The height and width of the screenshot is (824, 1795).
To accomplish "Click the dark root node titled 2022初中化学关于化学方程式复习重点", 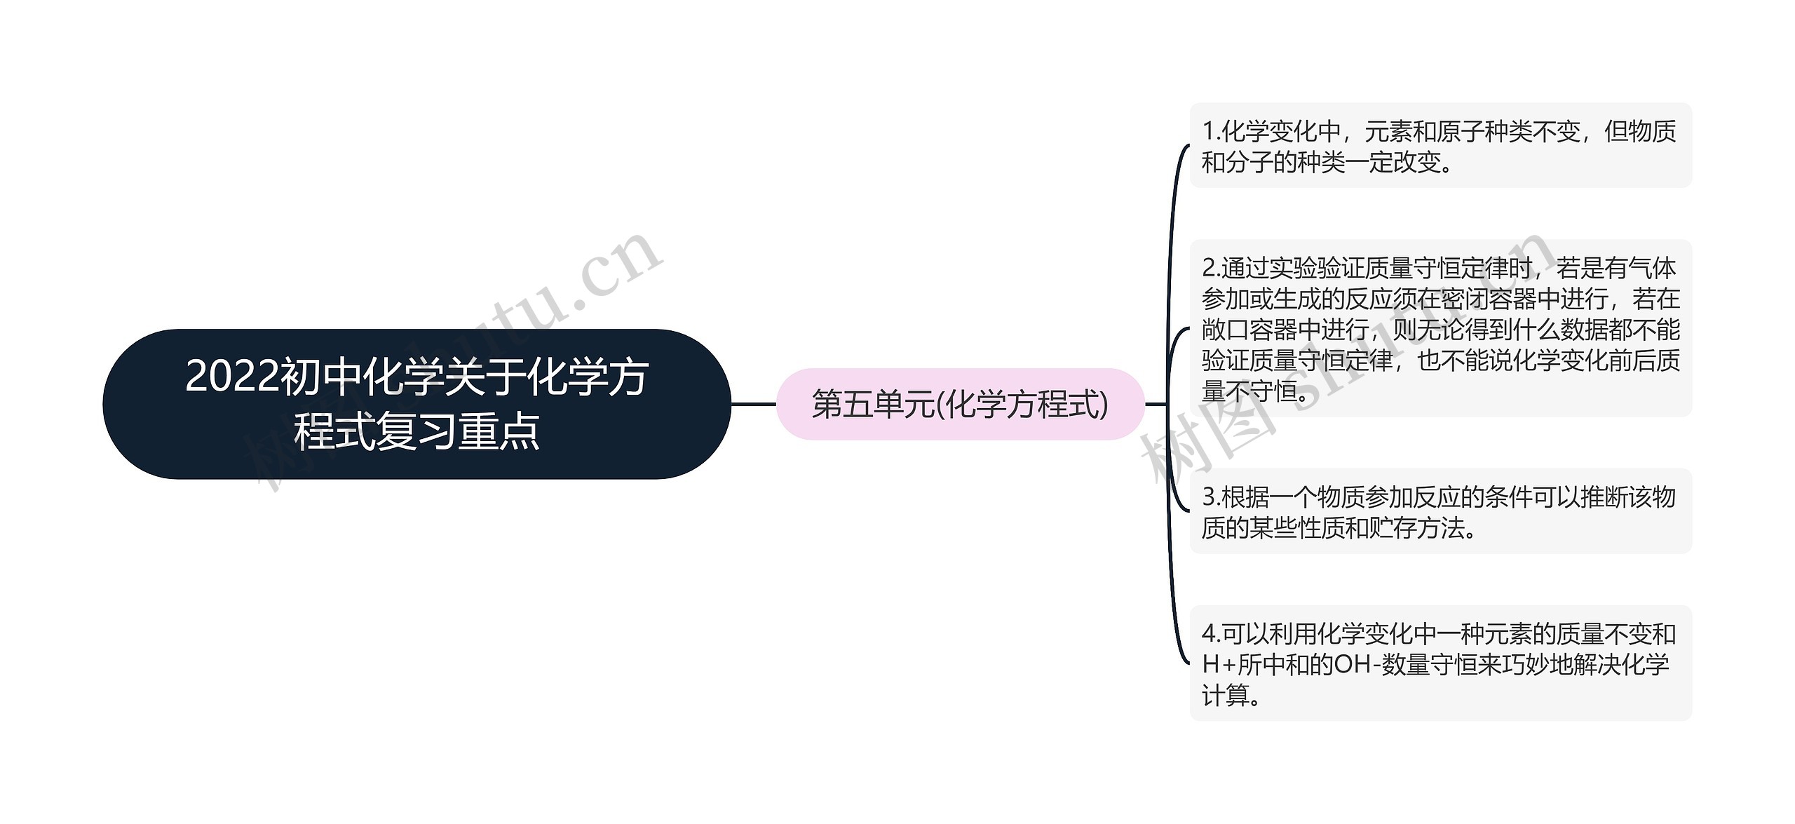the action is [x=416, y=404].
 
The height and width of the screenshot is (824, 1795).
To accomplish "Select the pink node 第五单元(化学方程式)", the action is [x=959, y=405].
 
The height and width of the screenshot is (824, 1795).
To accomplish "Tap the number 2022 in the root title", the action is [x=232, y=378].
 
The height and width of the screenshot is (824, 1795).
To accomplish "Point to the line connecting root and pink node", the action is [x=753, y=405].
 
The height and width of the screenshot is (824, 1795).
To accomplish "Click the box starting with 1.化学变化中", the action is [x=1440, y=146].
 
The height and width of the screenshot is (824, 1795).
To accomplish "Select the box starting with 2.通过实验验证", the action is [x=1440, y=329].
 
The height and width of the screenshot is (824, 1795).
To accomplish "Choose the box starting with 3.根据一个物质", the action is [x=1440, y=512].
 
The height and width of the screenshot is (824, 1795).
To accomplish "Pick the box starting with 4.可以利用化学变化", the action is [x=1440, y=663].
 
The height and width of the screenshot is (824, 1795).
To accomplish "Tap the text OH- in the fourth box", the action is [x=1356, y=664].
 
